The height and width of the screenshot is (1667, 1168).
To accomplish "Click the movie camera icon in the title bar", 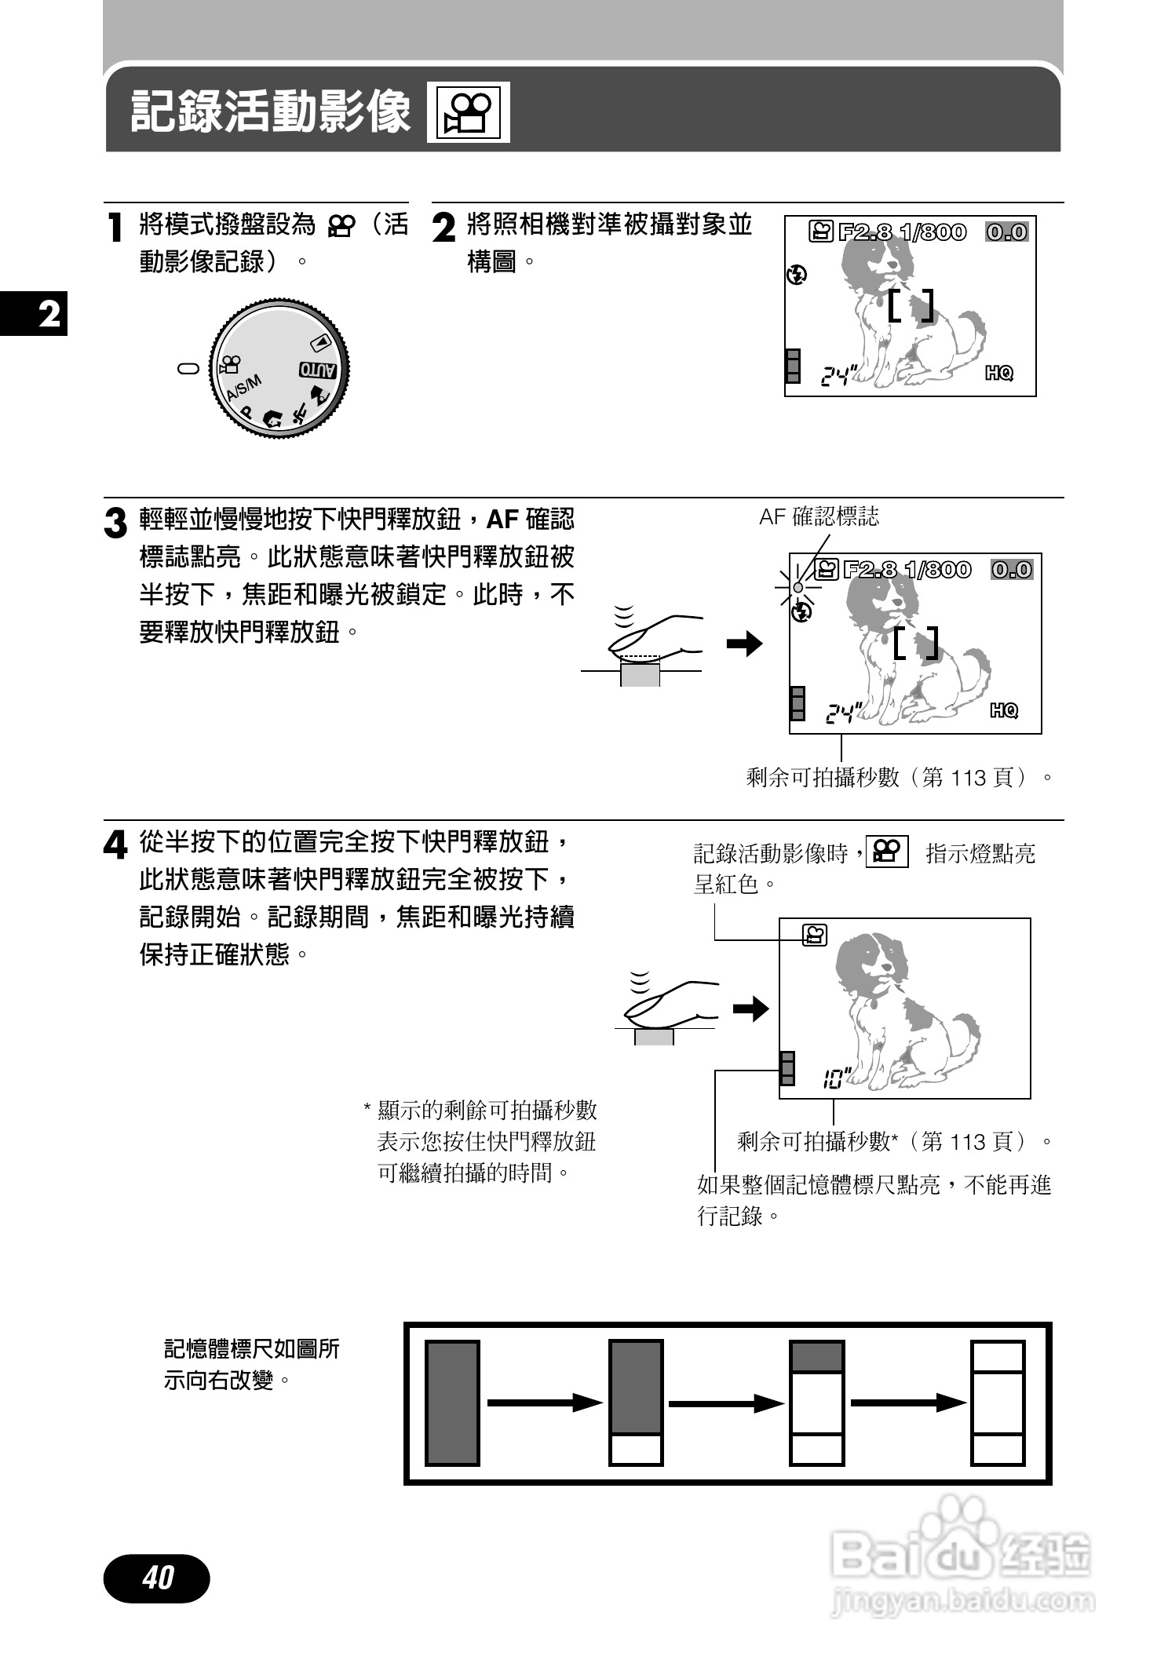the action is pos(468,112).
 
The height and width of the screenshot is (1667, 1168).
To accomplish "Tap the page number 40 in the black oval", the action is pos(157,1577).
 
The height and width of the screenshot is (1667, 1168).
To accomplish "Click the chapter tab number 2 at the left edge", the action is pos(49,314).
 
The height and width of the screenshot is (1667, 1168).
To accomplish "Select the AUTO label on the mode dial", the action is pos(318,370).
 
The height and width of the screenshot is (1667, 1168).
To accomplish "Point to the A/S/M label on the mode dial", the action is pos(243,388).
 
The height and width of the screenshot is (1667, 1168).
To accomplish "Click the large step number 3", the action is pos(115,523).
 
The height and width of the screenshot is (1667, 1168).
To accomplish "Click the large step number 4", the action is pos(115,846).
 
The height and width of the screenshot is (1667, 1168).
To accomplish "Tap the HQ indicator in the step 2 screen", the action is pos(999,374).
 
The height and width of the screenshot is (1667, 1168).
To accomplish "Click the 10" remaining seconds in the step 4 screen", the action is pos(833,1081).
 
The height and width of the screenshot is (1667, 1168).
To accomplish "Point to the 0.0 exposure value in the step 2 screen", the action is pos(1007,232).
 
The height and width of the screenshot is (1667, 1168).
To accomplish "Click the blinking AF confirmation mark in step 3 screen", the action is pos(798,587).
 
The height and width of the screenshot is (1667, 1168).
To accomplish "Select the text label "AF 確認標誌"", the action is pos(819,517).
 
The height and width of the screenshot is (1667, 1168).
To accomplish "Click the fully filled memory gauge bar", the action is pos(452,1403).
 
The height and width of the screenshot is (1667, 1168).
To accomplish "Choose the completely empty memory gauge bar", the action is pos(998,1403).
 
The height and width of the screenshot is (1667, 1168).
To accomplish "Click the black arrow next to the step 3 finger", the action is pos(744,644).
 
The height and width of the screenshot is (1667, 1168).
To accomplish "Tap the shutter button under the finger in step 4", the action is pos(654,1037).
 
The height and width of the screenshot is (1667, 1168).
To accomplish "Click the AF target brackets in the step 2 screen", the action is pos(911,306).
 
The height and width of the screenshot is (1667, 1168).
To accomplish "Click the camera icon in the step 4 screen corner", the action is pos(814,935).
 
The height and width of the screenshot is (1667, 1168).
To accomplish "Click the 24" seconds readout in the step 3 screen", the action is pos(842,713).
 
